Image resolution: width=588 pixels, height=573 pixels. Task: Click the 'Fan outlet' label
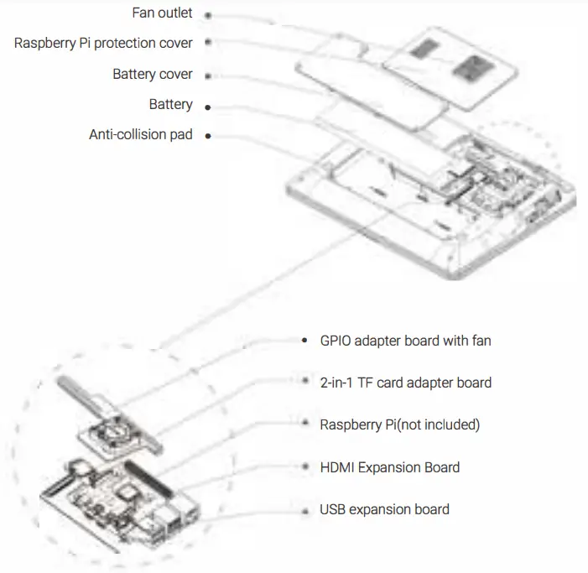163,13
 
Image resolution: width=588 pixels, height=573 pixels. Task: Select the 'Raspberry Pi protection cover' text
103,43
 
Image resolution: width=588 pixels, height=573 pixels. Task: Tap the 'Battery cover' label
152,74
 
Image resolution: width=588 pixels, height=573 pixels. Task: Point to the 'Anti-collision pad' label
140,134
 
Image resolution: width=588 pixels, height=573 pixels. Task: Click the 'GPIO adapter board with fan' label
405,341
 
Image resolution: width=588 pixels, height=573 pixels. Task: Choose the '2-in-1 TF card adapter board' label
405,383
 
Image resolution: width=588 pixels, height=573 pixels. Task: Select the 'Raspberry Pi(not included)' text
399,425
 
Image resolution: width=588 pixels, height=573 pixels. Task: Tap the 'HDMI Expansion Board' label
389,467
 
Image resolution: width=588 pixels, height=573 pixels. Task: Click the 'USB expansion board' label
384,509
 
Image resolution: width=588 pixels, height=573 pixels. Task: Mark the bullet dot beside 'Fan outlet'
207,15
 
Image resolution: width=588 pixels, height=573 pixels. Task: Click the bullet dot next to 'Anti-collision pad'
207,135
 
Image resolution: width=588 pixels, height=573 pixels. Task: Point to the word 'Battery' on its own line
170,105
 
